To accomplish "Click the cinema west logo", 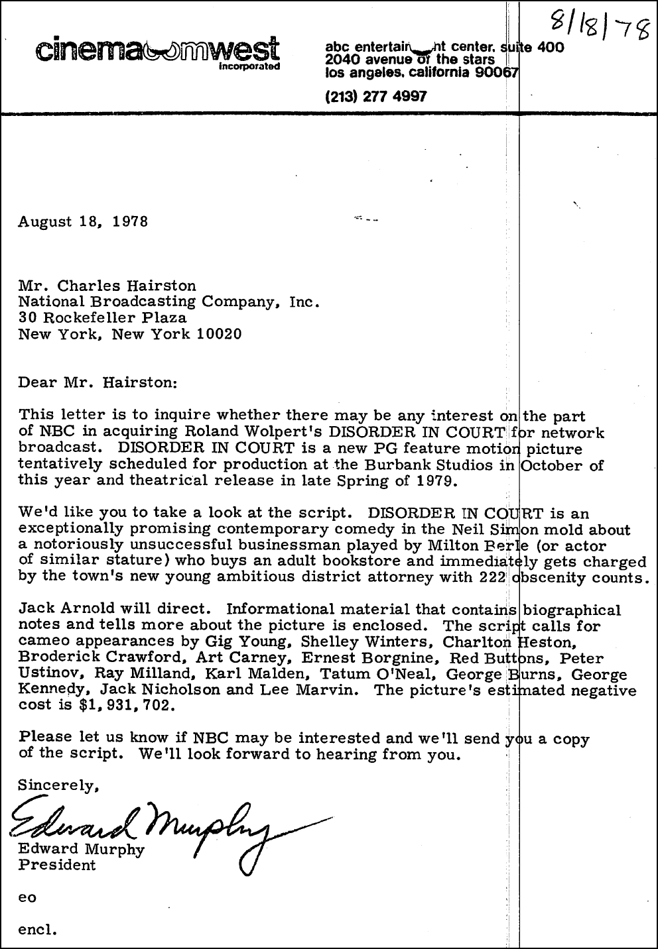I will [x=159, y=50].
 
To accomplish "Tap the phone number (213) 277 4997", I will [x=376, y=97].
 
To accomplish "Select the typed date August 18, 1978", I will [x=83, y=221].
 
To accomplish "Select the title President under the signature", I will [x=57, y=865].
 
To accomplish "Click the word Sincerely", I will [x=58, y=785].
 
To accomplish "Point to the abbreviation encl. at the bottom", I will [x=38, y=929].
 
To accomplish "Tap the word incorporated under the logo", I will [x=249, y=68].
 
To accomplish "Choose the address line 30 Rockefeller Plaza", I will [x=102, y=317].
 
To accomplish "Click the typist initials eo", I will [x=27, y=898].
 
